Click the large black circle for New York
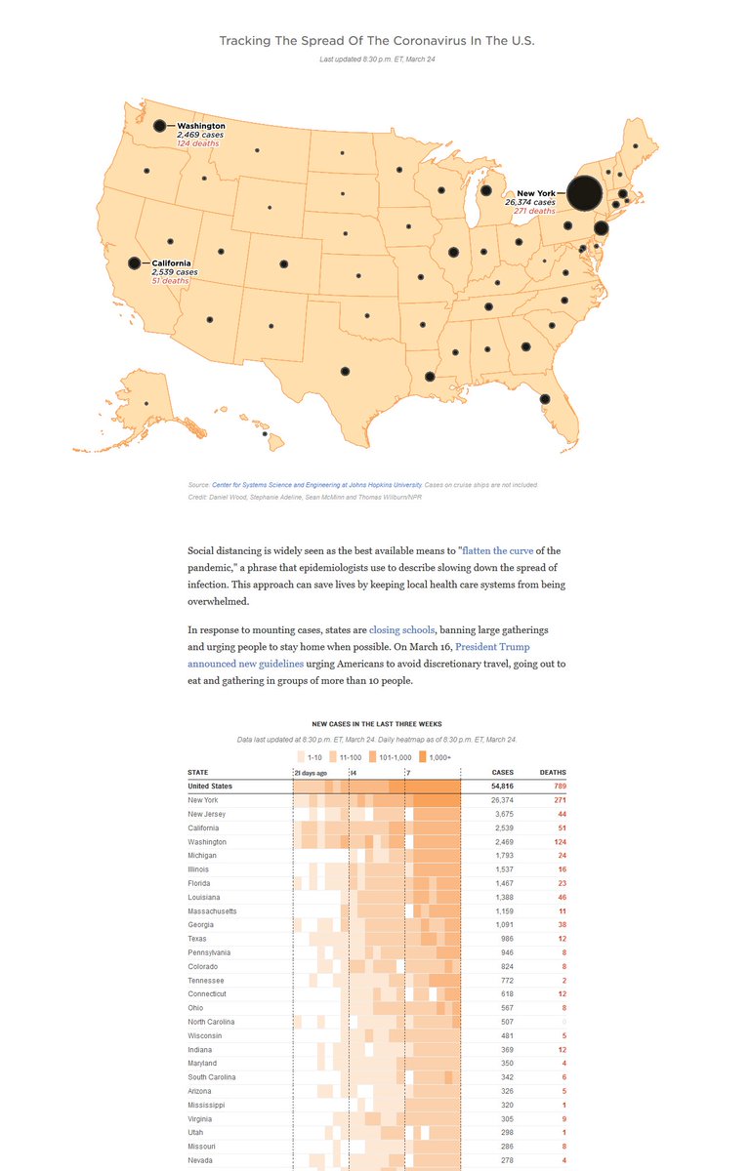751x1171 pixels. click(x=584, y=193)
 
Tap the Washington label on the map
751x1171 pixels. click(x=200, y=126)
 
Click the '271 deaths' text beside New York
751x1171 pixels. click(x=534, y=211)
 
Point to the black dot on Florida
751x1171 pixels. click(x=545, y=398)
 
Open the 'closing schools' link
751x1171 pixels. click(x=400, y=629)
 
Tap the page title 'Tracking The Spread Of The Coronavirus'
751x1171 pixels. click(x=376, y=41)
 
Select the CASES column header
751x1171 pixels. click(x=502, y=773)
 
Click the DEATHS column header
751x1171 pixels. click(x=553, y=773)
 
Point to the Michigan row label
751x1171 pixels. click(x=203, y=855)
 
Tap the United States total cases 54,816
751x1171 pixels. click(x=500, y=786)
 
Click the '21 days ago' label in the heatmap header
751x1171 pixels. click(x=312, y=773)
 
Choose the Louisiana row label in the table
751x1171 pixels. click(x=204, y=897)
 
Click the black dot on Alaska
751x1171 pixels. click(x=146, y=404)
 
